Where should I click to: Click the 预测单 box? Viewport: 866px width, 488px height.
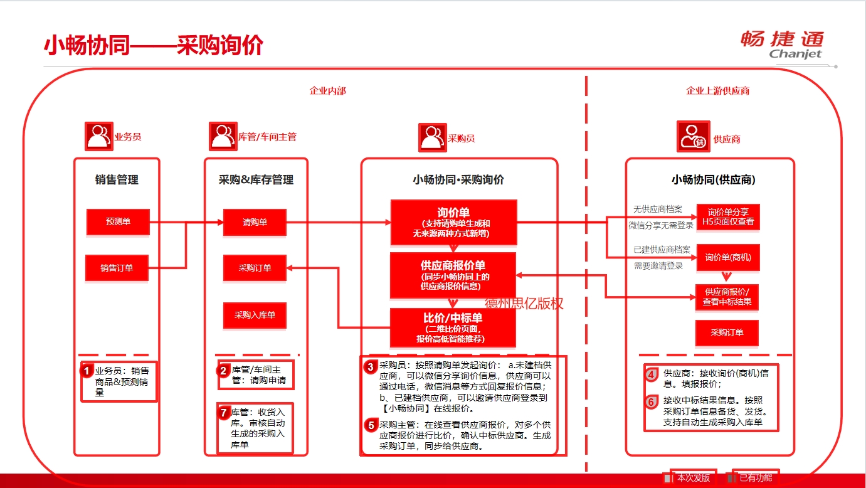(x=118, y=221)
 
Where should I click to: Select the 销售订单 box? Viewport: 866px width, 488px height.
(x=117, y=268)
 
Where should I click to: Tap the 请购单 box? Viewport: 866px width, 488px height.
(x=255, y=222)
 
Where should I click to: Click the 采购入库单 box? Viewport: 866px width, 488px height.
(x=255, y=315)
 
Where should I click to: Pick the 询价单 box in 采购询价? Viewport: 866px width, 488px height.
(x=453, y=222)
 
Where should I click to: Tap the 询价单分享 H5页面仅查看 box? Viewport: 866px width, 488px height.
(x=728, y=216)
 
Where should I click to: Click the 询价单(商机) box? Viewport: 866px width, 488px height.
(x=728, y=257)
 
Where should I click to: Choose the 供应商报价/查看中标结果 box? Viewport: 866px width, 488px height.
(x=727, y=297)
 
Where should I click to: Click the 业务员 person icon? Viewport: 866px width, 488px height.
(x=98, y=136)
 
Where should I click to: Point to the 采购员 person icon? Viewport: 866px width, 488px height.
(x=432, y=137)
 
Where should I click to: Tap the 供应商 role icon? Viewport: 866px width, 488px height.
(x=693, y=137)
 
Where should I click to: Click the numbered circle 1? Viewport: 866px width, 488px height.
(x=87, y=371)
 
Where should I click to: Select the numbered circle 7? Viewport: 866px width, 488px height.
(x=224, y=412)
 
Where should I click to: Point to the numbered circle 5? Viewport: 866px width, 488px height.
(x=371, y=425)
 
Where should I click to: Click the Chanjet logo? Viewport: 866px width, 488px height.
(x=782, y=45)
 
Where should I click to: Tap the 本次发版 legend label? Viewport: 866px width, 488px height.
(x=693, y=478)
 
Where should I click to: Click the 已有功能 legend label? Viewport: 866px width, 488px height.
(x=756, y=478)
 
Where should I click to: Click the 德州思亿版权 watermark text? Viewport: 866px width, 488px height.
(x=524, y=304)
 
